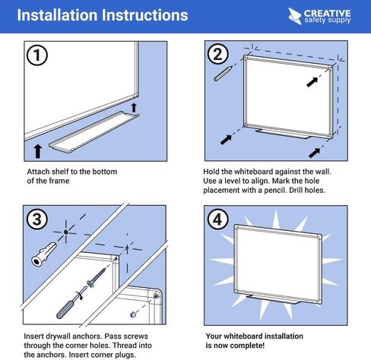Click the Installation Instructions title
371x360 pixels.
[x=102, y=15]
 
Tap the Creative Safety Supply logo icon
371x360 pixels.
[x=294, y=14]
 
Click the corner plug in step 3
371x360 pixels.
[x=132, y=313]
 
